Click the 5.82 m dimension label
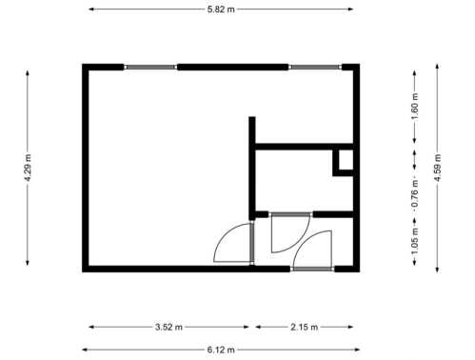click(x=221, y=10)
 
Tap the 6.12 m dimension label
click(x=221, y=350)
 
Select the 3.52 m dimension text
click(x=168, y=327)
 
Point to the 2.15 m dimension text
click(x=304, y=327)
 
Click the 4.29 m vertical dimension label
click(x=28, y=168)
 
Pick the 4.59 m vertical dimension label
click(x=438, y=168)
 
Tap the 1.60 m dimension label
click(x=415, y=107)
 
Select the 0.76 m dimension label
click(x=415, y=193)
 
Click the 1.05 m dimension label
click(x=415, y=241)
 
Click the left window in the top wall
click(x=150, y=67)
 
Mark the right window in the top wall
click(x=315, y=67)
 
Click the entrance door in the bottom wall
click(x=312, y=250)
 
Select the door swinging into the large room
click(x=234, y=243)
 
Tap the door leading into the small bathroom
click(x=290, y=232)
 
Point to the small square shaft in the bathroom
click(x=343, y=163)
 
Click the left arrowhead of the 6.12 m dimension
click(x=85, y=350)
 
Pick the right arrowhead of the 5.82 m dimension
click(x=350, y=10)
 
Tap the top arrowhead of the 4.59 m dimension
click(x=437, y=67)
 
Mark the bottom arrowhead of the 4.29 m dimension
click(x=28, y=263)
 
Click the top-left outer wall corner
click(x=83, y=64)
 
